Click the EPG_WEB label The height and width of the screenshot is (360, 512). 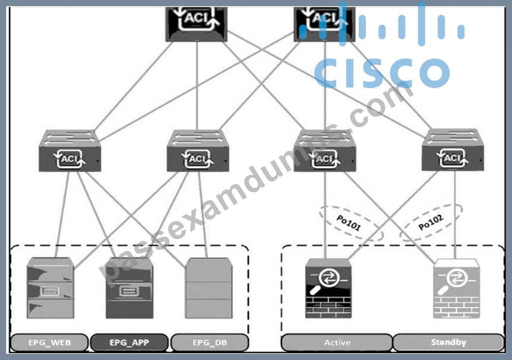50,342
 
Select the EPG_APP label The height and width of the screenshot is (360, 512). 129,342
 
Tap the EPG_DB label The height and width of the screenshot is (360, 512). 209,342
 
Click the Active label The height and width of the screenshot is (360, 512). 337,342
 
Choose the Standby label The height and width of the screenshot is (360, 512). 448,342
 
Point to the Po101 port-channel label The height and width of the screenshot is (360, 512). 349,223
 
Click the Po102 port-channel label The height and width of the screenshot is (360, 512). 431,222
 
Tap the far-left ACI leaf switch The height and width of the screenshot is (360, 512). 70,151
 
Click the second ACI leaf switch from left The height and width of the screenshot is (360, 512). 198,151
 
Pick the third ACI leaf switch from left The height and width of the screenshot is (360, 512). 324,151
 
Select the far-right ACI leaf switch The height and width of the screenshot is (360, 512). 453,150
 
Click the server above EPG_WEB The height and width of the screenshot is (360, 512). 50,288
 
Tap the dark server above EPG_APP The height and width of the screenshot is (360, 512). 129,288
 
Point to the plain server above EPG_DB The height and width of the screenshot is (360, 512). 208,288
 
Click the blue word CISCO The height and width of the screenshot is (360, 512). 382,73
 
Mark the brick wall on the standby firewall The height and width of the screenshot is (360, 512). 456,307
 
